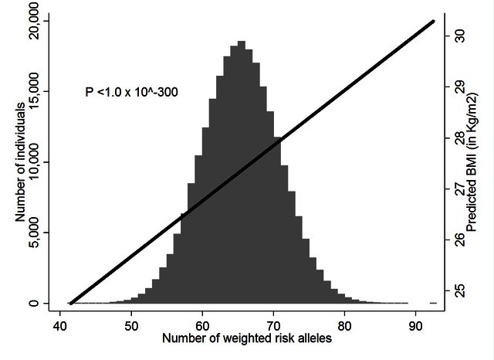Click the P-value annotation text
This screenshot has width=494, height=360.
(x=132, y=92)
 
